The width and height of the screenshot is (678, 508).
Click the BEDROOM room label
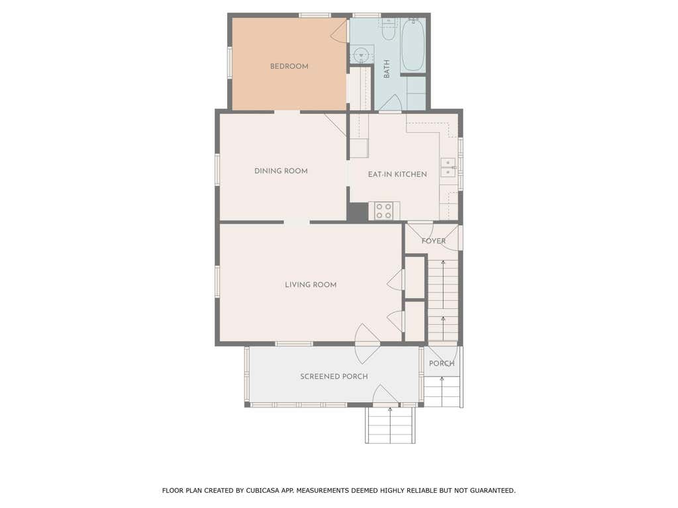289,66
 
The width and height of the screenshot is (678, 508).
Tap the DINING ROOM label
281,171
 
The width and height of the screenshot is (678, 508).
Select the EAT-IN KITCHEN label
397,174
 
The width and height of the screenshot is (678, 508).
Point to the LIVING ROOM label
311,284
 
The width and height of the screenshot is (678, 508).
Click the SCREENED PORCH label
334,376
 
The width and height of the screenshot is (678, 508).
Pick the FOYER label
433,241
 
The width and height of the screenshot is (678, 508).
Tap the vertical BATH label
387,69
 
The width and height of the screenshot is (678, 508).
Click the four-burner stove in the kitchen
385,211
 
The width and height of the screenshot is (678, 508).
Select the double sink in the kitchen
448,167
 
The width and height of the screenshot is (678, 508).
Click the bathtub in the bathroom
413,44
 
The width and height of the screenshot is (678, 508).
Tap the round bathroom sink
361,56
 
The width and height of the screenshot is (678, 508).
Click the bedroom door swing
340,31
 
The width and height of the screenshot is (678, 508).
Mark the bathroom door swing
391,103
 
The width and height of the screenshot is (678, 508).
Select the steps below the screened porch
390,425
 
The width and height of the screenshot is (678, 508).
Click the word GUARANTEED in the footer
493,491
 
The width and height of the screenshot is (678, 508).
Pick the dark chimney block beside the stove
358,212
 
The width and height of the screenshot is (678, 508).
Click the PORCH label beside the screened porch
442,364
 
